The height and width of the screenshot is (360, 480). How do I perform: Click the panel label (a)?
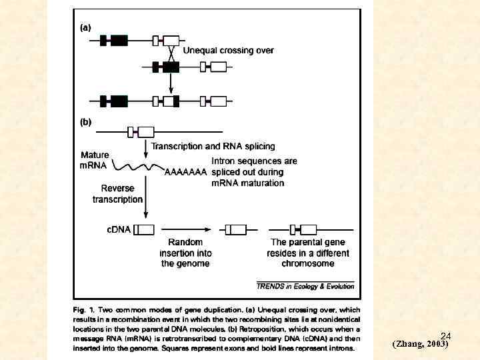pos(86,28)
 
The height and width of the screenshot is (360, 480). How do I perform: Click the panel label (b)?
pos(86,122)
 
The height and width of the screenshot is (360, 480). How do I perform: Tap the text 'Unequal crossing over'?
pos(228,51)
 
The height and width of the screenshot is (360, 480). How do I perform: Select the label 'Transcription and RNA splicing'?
pos(213,147)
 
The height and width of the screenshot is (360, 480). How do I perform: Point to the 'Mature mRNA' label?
pos(94,160)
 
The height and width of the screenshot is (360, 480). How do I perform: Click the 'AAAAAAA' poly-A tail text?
pos(185,172)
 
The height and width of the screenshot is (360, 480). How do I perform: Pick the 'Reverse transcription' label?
pos(117,193)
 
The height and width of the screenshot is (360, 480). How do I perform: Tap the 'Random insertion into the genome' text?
pos(185,253)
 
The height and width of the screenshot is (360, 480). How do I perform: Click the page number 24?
pos(446,337)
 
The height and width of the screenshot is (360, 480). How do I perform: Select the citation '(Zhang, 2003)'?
pos(420,345)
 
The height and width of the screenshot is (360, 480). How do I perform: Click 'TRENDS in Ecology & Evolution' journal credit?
pos(305,286)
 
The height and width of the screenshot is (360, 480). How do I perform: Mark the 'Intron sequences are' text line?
pos(254,161)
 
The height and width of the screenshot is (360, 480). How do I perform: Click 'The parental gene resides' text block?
pos(308,253)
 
